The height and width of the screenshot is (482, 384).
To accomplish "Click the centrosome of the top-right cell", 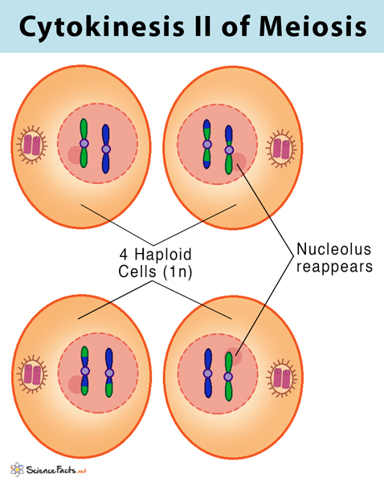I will (281, 148).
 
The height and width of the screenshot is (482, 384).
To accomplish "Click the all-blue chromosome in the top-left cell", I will (105, 148).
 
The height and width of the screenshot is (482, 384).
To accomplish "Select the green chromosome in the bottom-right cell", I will (228, 374).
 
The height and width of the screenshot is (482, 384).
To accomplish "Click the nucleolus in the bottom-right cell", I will (234, 357).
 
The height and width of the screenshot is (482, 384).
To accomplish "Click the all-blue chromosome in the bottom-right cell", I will (207, 374).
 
